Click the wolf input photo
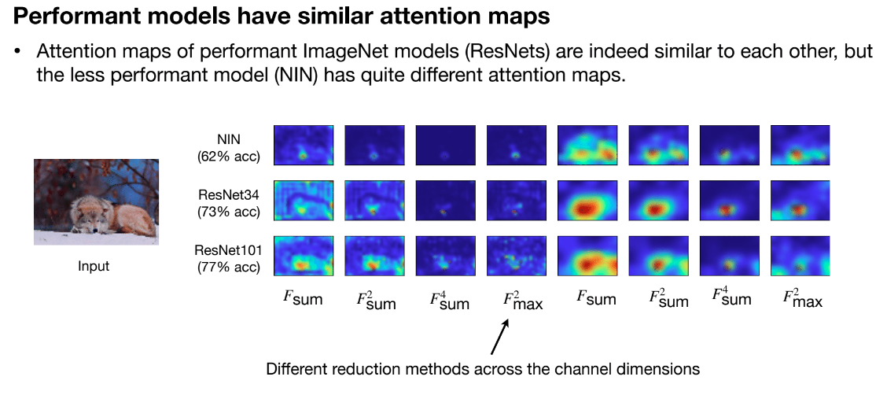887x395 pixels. (96, 202)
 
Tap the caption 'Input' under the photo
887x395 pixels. (94, 266)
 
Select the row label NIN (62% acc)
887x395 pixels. (227, 147)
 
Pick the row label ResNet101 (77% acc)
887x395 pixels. (227, 257)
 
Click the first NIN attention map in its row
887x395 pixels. (304, 146)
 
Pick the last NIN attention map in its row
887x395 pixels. (800, 146)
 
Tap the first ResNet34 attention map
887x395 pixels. (304, 201)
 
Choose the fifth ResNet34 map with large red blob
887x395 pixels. (587, 201)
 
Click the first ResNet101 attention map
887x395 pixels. (304, 256)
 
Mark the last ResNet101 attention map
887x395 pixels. (800, 256)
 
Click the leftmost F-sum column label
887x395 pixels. (303, 299)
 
